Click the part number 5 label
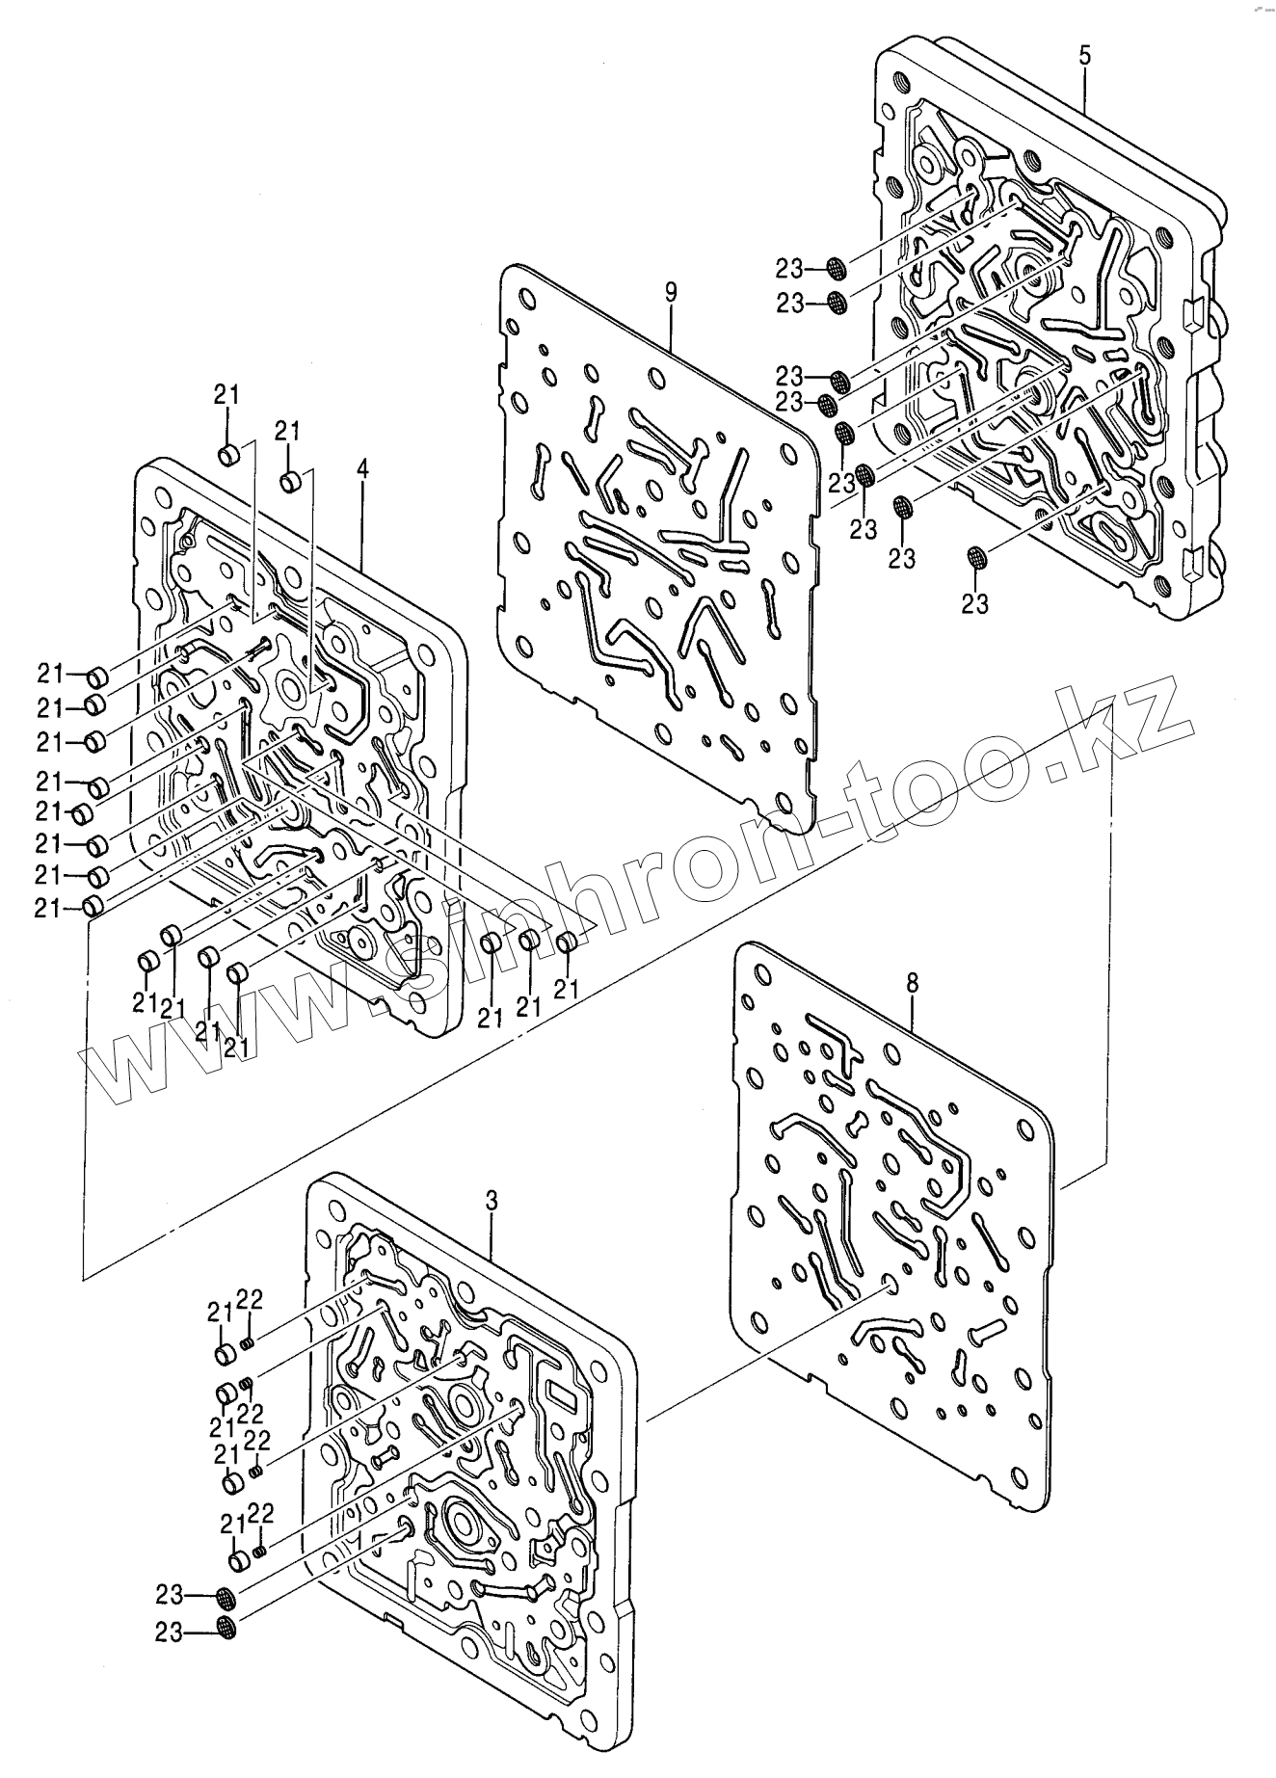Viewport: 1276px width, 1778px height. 1085,56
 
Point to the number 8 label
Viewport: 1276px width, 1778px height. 913,983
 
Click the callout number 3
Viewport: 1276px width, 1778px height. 492,1201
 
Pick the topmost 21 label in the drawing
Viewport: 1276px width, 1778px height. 226,394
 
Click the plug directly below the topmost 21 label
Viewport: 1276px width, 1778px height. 228,454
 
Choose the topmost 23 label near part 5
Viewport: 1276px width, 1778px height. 791,267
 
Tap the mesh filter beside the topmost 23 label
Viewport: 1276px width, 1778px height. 837,268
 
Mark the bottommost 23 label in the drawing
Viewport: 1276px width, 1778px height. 170,1632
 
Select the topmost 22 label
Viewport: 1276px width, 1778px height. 250,1299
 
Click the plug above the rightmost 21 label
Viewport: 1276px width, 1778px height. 568,942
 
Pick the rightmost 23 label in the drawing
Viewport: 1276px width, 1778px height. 975,604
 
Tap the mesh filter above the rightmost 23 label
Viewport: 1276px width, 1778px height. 975,557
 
